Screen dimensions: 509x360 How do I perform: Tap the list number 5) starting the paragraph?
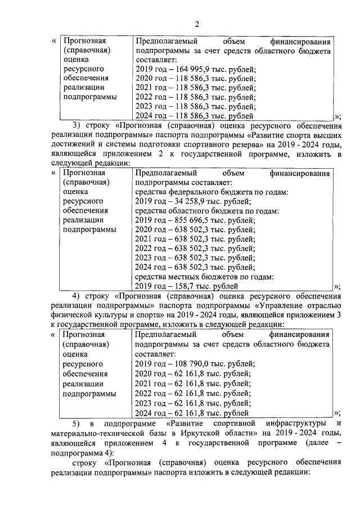78,422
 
